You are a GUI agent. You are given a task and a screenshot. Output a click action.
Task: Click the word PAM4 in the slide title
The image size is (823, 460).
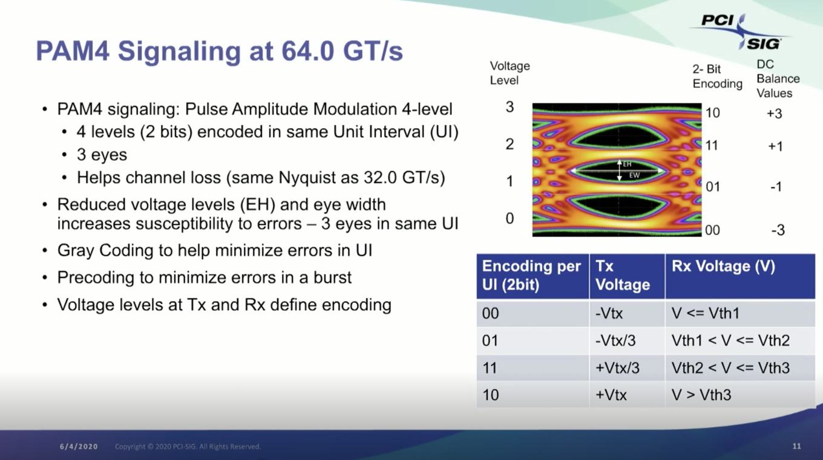tap(73, 51)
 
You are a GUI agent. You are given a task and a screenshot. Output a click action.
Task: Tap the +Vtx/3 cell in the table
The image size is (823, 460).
tap(617, 368)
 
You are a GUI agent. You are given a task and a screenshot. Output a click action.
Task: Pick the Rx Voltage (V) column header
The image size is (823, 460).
tap(723, 266)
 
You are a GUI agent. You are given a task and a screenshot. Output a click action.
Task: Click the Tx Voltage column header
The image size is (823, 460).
tap(622, 276)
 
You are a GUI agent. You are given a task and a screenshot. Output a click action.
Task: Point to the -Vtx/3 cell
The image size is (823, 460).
tap(615, 340)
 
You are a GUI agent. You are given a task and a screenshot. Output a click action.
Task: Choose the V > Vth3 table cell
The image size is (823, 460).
tap(701, 395)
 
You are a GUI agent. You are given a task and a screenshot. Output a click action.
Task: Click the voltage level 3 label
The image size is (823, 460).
tap(510, 107)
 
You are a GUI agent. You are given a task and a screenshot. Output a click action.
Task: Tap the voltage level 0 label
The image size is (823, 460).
tap(510, 218)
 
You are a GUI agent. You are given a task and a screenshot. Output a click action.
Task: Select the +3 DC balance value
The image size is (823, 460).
tap(775, 114)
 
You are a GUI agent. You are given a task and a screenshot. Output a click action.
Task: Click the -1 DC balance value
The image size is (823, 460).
tap(776, 187)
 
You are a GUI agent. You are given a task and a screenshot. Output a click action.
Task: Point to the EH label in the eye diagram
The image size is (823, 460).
tap(627, 164)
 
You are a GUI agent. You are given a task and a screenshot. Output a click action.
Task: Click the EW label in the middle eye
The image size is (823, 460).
tap(634, 175)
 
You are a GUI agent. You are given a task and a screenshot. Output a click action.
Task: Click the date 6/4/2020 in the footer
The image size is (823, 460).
tap(79, 447)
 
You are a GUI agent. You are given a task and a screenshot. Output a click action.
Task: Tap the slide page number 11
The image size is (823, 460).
tap(796, 446)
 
